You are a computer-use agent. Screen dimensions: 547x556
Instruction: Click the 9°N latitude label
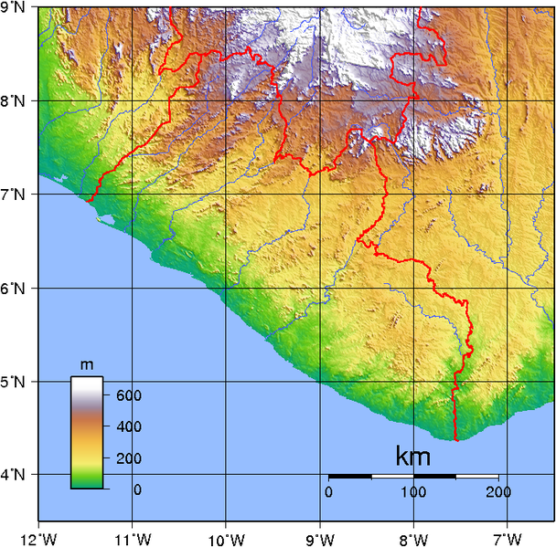click(14, 8)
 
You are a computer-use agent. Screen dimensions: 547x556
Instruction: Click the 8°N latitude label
click(14, 100)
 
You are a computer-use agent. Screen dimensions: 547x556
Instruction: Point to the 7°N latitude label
click(14, 194)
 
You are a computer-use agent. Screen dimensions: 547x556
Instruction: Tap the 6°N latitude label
click(14, 288)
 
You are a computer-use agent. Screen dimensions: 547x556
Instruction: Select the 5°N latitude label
click(14, 381)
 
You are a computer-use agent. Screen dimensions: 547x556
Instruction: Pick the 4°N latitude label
click(14, 474)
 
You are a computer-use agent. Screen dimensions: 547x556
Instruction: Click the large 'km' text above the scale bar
click(413, 456)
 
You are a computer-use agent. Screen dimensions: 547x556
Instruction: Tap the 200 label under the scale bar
click(497, 492)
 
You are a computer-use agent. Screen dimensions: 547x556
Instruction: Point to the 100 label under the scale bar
click(413, 492)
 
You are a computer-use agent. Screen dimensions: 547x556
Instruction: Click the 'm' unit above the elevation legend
click(87, 365)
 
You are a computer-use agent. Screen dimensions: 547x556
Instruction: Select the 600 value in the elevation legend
click(127, 396)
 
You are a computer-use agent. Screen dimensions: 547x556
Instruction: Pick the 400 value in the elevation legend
click(127, 426)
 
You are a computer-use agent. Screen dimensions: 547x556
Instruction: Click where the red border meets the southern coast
click(455, 440)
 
